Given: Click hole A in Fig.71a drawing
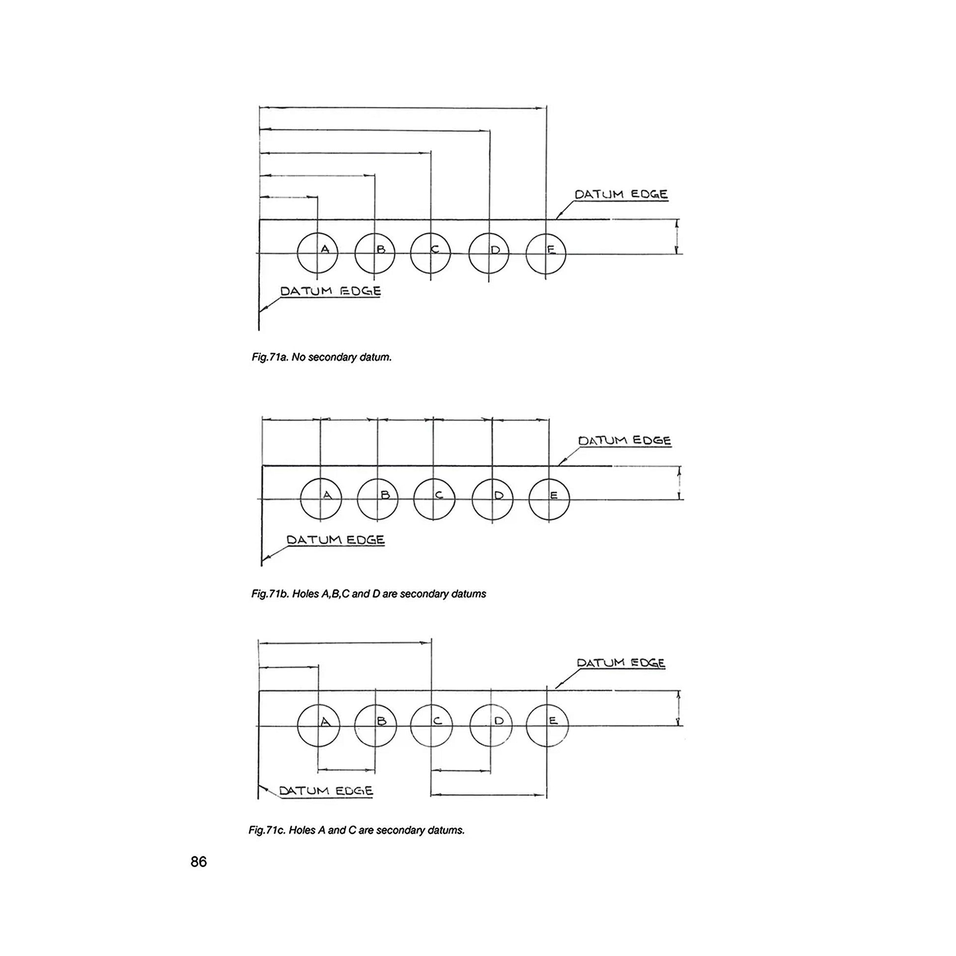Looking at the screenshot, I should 317,253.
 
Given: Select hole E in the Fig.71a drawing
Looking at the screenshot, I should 546,253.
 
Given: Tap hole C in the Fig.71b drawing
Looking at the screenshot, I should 434,499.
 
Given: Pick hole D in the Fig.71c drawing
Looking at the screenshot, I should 490,726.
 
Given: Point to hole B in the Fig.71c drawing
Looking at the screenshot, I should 375,726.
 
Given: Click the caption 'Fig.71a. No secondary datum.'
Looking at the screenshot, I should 322,357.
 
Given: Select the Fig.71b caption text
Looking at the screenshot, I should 368,594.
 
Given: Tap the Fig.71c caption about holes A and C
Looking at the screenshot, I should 356,830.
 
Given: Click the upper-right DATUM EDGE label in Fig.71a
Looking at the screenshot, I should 621,194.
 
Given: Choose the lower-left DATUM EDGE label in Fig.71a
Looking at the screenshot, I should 331,291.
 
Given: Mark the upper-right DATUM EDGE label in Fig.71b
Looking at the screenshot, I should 624,440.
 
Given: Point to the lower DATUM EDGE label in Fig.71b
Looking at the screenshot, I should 336,539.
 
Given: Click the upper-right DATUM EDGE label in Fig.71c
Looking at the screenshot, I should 621,663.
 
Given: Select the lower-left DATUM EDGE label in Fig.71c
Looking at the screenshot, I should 326,790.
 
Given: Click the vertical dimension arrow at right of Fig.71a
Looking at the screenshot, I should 677,236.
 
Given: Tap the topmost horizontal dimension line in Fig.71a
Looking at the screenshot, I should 403,107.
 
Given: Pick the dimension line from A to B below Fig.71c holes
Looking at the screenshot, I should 346,770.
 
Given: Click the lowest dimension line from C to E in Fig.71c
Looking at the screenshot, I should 488,795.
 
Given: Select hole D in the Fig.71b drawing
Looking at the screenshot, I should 493,499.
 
